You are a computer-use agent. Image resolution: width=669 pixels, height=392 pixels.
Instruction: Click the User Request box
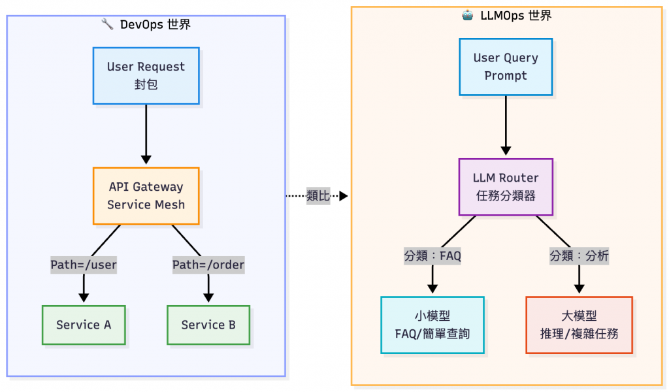tap(146, 76)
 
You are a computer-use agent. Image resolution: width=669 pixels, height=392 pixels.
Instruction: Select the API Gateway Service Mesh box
tap(146, 196)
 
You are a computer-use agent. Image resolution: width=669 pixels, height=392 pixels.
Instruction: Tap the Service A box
tap(84, 325)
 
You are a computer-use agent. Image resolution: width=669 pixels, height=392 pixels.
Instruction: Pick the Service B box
tap(208, 325)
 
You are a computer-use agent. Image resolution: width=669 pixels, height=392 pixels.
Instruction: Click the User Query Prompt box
tap(505, 67)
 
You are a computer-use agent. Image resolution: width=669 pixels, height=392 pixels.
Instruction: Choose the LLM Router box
tap(506, 187)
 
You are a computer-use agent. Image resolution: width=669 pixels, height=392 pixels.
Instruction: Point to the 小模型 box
tap(432, 325)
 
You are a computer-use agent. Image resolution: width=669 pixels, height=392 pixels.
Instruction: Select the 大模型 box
tap(579, 325)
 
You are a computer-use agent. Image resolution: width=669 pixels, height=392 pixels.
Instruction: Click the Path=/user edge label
tap(84, 265)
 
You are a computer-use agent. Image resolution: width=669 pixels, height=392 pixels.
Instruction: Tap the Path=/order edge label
tap(208, 265)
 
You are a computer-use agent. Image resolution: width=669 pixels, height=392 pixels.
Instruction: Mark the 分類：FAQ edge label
tap(432, 256)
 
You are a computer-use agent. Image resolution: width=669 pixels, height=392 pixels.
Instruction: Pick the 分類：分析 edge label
tap(579, 256)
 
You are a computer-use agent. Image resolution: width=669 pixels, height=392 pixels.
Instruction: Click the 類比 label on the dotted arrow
tap(318, 196)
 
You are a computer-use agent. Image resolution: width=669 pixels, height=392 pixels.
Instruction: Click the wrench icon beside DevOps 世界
tap(107, 25)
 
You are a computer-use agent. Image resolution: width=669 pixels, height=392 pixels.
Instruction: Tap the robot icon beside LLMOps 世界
tap(467, 16)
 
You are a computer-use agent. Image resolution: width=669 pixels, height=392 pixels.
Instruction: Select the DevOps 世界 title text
tap(155, 25)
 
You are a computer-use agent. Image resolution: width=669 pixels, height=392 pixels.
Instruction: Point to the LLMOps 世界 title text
tap(515, 16)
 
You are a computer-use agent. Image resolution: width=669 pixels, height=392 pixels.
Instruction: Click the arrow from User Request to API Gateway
tap(146, 134)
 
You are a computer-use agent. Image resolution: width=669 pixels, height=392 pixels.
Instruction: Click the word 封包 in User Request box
tap(146, 85)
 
